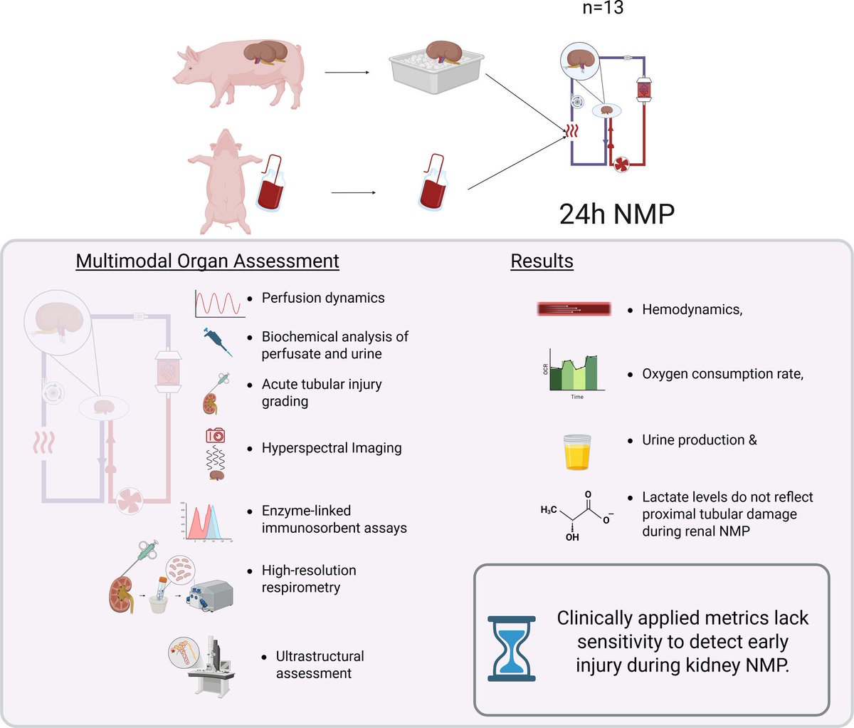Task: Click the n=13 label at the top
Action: (x=603, y=9)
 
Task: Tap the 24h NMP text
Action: (x=616, y=214)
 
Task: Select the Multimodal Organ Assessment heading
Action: (x=207, y=261)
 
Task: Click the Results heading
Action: (x=542, y=261)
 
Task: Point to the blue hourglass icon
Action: (x=511, y=648)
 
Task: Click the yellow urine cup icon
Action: (x=577, y=452)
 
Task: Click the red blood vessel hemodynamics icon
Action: (x=574, y=309)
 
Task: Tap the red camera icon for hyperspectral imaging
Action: (x=216, y=435)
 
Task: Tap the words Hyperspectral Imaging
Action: (x=332, y=448)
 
